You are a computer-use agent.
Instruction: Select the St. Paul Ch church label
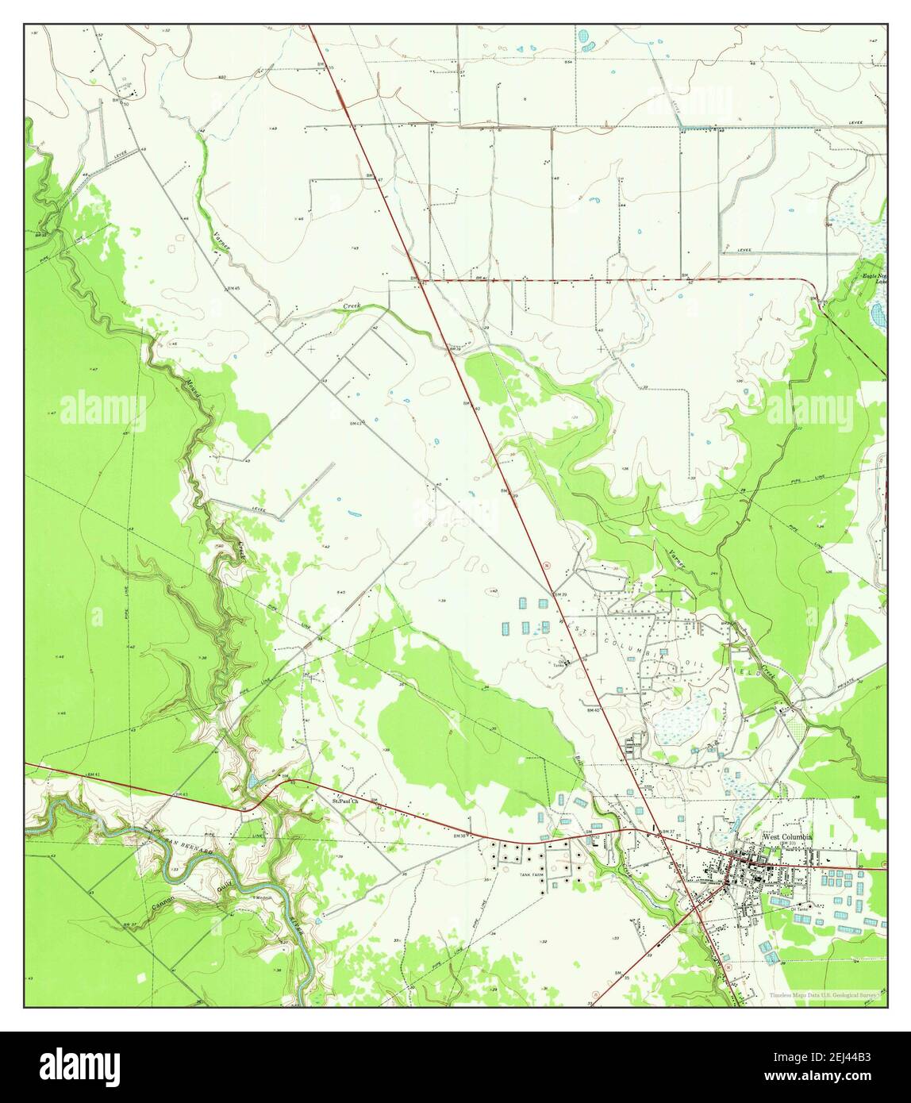(x=345, y=801)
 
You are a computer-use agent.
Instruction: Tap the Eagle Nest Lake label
(x=874, y=278)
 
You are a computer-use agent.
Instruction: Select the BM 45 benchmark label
(x=233, y=288)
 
